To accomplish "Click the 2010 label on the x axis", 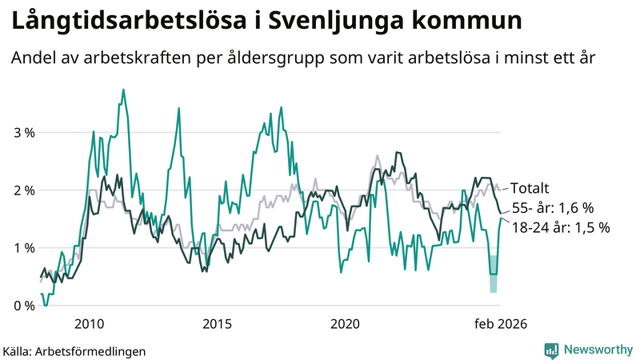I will coord(88,324).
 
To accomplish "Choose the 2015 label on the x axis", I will coord(217,324).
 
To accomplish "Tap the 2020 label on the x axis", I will coord(346,324).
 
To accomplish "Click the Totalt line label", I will coord(530,189).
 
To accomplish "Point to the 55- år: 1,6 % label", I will coord(553,208).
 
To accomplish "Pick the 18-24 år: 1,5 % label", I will coord(561,227).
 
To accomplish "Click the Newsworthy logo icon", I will coord(551,350).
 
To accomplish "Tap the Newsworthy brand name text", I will coord(598,350).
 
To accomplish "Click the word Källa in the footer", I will coord(18,350).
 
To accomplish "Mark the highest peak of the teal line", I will coord(123,90).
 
